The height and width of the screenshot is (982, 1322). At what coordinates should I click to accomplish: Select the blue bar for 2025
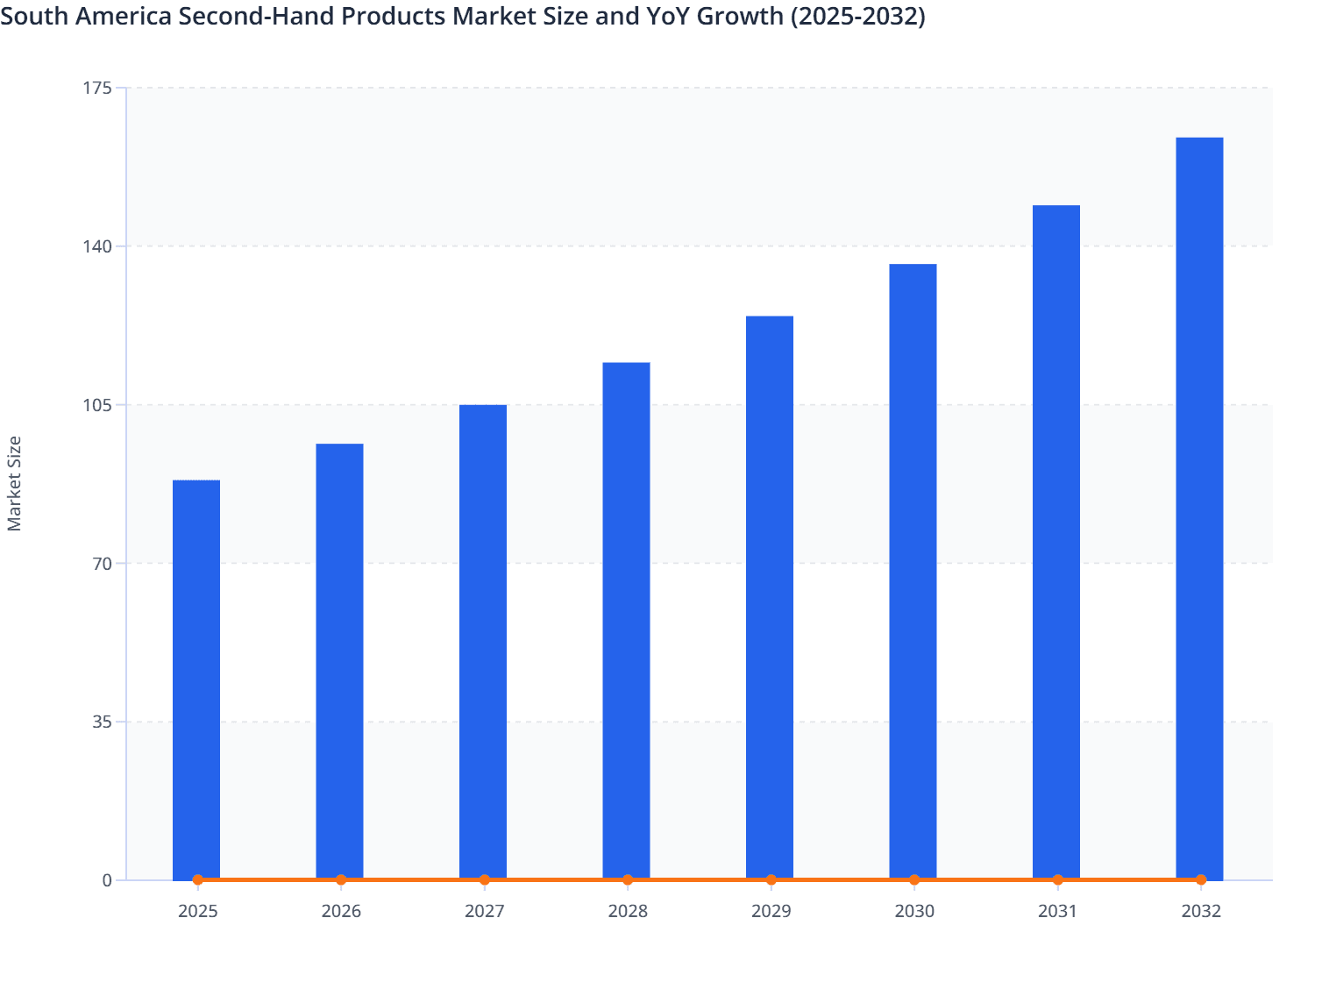(x=196, y=680)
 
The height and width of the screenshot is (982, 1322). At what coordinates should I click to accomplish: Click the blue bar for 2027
(x=483, y=642)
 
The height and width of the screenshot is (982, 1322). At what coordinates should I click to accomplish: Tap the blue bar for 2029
(x=770, y=597)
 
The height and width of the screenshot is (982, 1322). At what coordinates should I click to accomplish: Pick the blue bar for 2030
(x=913, y=572)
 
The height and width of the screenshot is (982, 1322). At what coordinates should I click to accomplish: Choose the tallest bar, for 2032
(x=1199, y=509)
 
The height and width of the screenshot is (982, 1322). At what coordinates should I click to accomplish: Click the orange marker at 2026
(x=341, y=879)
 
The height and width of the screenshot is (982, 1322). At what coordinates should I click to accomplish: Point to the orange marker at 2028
(x=628, y=879)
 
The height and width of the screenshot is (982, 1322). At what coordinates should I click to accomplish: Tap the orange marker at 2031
(x=1057, y=879)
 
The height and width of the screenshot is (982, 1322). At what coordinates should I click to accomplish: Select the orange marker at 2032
(x=1200, y=879)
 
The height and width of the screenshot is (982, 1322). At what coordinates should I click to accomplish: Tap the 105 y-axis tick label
(x=99, y=405)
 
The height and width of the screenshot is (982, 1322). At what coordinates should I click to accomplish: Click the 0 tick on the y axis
(x=107, y=880)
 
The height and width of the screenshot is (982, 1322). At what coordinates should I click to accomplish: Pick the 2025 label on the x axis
(x=197, y=911)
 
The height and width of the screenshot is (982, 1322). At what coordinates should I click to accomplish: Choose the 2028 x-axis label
(x=628, y=911)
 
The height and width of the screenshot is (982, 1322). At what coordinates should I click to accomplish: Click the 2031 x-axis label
(x=1057, y=911)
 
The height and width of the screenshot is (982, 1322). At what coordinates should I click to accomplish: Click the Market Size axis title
(x=15, y=483)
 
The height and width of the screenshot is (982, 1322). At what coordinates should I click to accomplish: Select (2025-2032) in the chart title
(x=857, y=16)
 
